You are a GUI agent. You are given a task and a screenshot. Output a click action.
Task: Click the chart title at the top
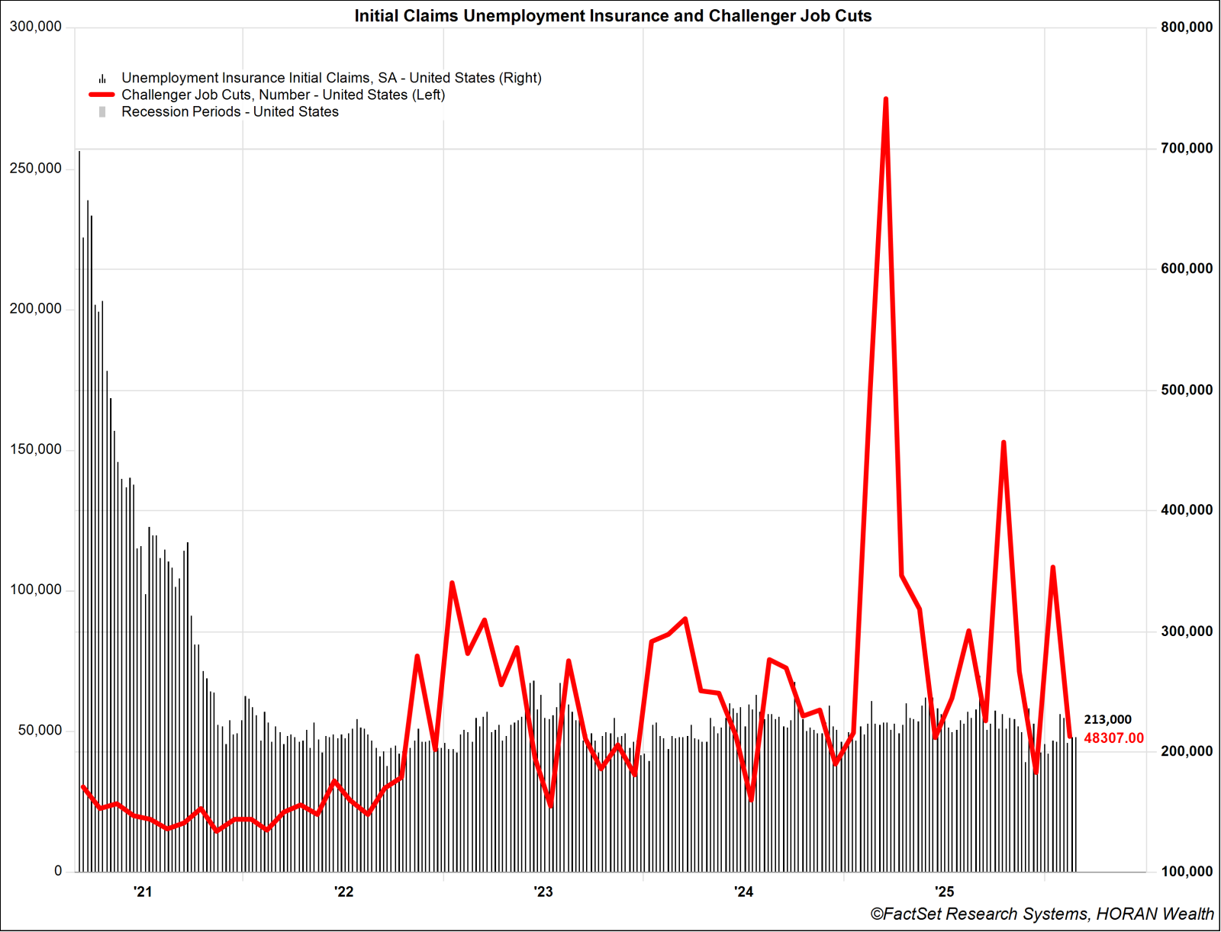(613, 16)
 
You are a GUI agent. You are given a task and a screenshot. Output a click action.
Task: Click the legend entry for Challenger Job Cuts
(283, 95)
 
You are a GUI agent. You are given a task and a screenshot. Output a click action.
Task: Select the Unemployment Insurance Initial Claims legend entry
(331, 78)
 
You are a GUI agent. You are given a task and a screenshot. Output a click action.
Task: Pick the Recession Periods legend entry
(230, 111)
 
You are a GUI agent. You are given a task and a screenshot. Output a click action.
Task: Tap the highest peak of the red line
(885, 99)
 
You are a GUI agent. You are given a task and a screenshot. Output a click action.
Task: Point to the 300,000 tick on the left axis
(35, 27)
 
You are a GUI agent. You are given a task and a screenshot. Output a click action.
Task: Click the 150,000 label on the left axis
(35, 449)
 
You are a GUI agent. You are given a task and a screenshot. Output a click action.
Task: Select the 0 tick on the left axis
(58, 871)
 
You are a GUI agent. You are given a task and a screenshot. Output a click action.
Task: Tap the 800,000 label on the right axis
(1187, 27)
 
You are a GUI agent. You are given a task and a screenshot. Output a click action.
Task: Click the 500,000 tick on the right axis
(1187, 390)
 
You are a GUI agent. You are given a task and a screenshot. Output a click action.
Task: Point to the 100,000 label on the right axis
(1187, 871)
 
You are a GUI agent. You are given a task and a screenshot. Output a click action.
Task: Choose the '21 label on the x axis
(143, 892)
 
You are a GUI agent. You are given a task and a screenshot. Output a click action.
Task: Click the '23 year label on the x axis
(543, 892)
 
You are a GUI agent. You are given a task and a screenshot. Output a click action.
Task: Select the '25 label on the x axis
(945, 892)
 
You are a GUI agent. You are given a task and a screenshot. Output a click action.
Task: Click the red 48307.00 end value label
(1113, 738)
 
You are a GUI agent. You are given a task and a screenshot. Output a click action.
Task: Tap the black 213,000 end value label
(1107, 719)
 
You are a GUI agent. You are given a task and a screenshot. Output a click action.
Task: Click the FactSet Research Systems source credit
(1042, 914)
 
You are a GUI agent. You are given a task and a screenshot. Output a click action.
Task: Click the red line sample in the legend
(101, 95)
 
